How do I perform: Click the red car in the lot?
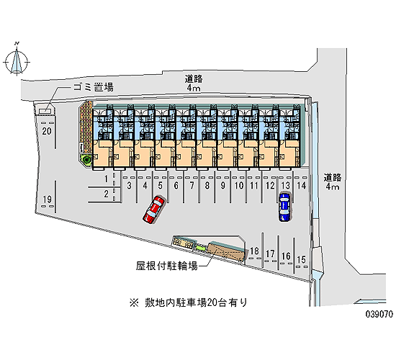[x=154, y=210]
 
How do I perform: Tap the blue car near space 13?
[x=284, y=207]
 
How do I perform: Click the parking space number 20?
[x=47, y=131]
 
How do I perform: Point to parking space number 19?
[x=47, y=199]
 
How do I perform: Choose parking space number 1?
[x=107, y=179]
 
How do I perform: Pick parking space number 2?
[x=107, y=194]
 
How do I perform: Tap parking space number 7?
[x=192, y=186]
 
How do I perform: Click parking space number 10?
[x=239, y=186]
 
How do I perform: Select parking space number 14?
[x=301, y=186]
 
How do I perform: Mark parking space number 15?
[x=301, y=259]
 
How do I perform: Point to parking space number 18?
[x=254, y=251]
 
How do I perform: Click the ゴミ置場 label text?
[x=93, y=87]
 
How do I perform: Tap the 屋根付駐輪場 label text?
[x=166, y=266]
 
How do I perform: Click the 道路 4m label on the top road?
[x=194, y=83]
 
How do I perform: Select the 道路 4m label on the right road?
[x=333, y=181]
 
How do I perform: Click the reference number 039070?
[x=379, y=314]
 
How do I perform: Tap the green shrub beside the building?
[x=86, y=160]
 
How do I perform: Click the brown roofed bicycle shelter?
[x=226, y=251]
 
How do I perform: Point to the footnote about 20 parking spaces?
[x=188, y=302]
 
